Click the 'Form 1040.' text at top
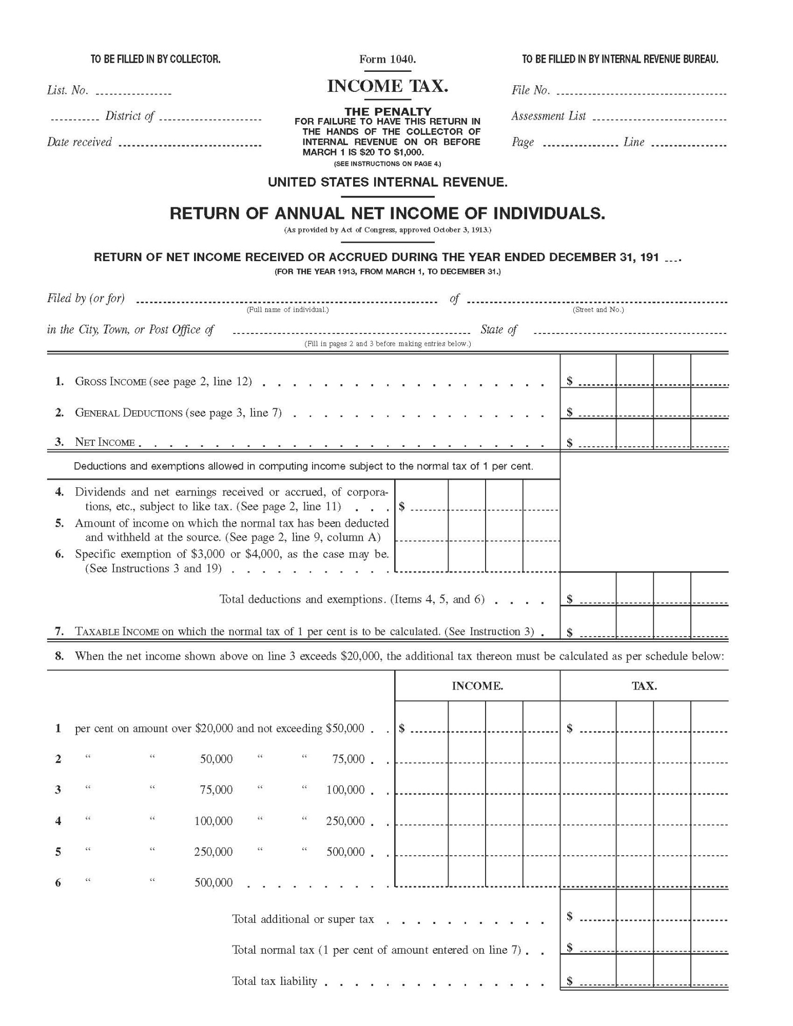[388, 60]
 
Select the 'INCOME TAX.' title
[388, 86]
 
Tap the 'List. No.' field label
[67, 91]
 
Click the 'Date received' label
[79, 142]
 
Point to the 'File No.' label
[530, 91]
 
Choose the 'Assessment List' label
[548, 116]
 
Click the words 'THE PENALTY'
[388, 111]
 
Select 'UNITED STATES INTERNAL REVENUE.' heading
[388, 182]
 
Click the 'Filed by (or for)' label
[86, 299]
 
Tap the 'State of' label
[498, 330]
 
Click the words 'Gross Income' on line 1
[110, 382]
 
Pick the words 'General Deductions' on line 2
[128, 413]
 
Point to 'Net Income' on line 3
[105, 442]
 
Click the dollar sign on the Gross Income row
[569, 381]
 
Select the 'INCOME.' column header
[477, 686]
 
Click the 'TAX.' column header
[644, 686]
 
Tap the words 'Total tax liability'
[275, 981]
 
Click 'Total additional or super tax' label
[303, 919]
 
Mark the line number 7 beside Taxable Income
[60, 632]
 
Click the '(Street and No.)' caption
[598, 310]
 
